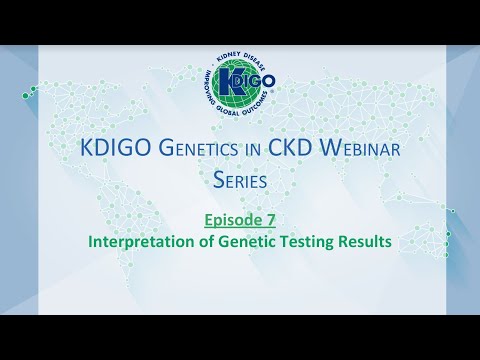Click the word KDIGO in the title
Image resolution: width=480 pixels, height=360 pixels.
(x=110, y=148)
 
